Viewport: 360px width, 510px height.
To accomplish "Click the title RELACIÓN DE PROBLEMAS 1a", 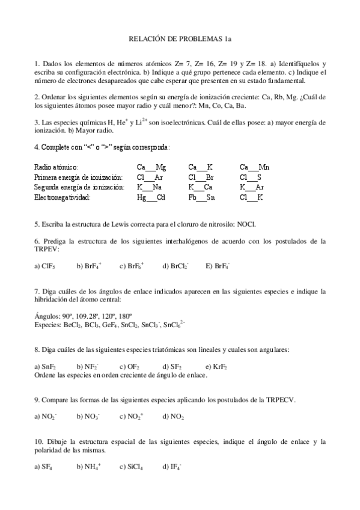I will click(x=180, y=39).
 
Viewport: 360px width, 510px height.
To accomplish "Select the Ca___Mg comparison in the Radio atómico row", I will click(x=151, y=168).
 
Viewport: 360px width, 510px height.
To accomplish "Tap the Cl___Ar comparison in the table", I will click(x=150, y=177).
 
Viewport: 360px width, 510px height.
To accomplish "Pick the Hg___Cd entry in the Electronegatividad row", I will click(x=151, y=197).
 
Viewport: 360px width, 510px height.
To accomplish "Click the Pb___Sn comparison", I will click(x=201, y=197).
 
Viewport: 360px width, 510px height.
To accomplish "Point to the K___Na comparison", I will click(x=149, y=187).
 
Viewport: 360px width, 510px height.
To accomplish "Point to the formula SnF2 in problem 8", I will click(x=49, y=366).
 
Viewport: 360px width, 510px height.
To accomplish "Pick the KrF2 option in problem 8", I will click(x=220, y=366).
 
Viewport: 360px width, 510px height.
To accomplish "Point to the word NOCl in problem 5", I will click(x=246, y=224).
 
